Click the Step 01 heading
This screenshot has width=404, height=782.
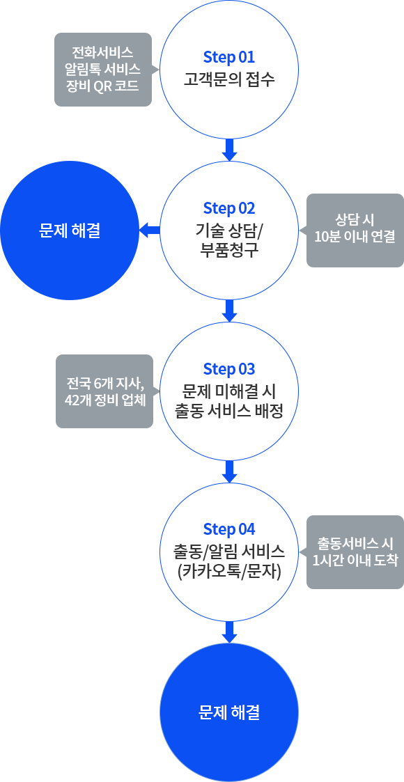[x=229, y=57]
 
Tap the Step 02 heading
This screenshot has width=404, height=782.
[x=229, y=208]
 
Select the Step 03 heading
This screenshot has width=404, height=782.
[x=229, y=369]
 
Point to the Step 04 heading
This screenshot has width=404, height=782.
[x=229, y=529]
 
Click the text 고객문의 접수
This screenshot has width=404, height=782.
[x=229, y=79]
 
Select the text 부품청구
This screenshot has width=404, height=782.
[x=229, y=249]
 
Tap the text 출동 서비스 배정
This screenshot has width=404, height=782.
[x=229, y=411]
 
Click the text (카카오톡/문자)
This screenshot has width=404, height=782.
[x=229, y=571]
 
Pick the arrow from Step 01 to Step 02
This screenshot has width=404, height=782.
[x=229, y=150]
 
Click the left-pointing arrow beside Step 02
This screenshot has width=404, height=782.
[x=150, y=230]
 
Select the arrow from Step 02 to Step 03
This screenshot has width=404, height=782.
[x=229, y=311]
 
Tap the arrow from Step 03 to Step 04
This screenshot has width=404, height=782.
[x=229, y=472]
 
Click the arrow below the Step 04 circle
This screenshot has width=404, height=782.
[x=229, y=632]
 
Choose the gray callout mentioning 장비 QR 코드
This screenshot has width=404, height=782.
[x=103, y=70]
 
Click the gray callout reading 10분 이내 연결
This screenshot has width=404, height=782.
[x=354, y=230]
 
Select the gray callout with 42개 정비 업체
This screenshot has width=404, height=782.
[x=104, y=391]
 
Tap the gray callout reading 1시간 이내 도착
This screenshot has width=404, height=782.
[x=354, y=552]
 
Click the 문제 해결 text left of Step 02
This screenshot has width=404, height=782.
[x=70, y=230]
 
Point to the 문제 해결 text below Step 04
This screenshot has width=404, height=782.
[x=229, y=712]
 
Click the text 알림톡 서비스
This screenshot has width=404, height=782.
[x=103, y=69]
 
